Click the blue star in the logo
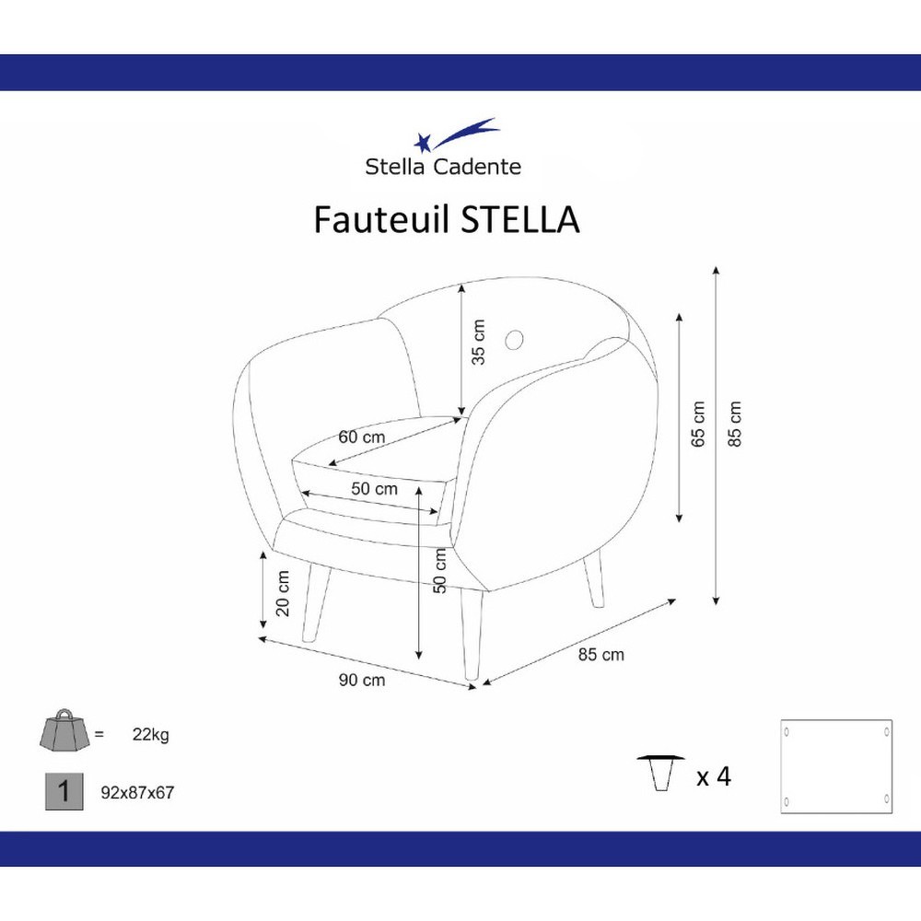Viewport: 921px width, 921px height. coord(423,142)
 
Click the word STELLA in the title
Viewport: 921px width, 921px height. coord(519,220)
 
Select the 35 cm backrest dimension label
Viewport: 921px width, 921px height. coord(479,342)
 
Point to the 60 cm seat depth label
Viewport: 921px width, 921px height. coord(362,437)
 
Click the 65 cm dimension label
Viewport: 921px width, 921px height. coord(698,424)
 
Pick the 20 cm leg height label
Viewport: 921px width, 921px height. coord(283,593)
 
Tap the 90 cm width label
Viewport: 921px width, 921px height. coord(362,681)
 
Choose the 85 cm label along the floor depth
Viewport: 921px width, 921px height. coord(600,654)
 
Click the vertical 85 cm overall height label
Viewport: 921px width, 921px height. coord(735,424)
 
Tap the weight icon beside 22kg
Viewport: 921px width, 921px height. coord(64,730)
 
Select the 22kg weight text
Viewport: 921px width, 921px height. coord(151,734)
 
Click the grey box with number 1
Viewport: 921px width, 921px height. coord(64,792)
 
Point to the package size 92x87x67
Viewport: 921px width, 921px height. coord(137,793)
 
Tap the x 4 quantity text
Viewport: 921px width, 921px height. coord(714,776)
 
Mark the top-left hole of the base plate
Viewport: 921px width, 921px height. coord(787,732)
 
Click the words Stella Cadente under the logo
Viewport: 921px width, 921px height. coord(443,167)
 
